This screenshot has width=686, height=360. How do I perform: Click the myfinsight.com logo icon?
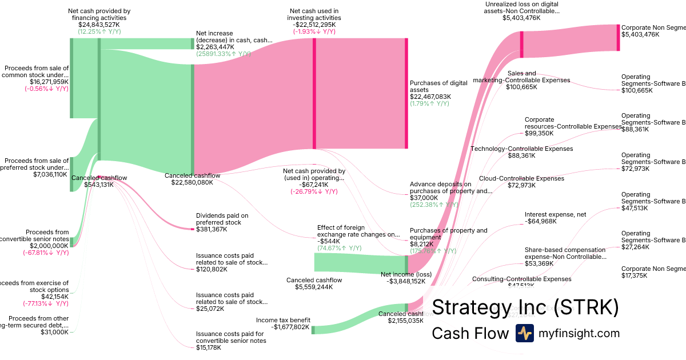[524, 333]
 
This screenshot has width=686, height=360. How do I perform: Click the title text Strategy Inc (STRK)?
[525, 307]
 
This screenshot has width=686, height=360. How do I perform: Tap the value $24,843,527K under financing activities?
[99, 25]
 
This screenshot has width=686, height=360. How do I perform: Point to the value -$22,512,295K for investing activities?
[314, 25]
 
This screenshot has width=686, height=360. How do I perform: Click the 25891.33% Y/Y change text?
[224, 54]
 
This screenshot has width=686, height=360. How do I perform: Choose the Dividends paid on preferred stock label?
[222, 219]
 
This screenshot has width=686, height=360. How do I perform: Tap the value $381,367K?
[212, 229]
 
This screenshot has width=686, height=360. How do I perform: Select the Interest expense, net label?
[555, 215]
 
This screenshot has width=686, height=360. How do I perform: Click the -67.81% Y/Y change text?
[46, 253]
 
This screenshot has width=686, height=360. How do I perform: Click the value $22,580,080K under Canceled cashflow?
[192, 183]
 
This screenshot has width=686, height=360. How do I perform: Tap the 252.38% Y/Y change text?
[434, 205]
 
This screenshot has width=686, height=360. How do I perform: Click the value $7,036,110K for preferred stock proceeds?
[51, 174]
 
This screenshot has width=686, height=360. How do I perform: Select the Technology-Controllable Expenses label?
[521, 149]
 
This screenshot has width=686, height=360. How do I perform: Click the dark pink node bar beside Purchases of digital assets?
[406, 93]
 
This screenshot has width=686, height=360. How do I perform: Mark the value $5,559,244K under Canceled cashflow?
[314, 287]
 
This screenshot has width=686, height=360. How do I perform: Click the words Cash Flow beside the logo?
[470, 333]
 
